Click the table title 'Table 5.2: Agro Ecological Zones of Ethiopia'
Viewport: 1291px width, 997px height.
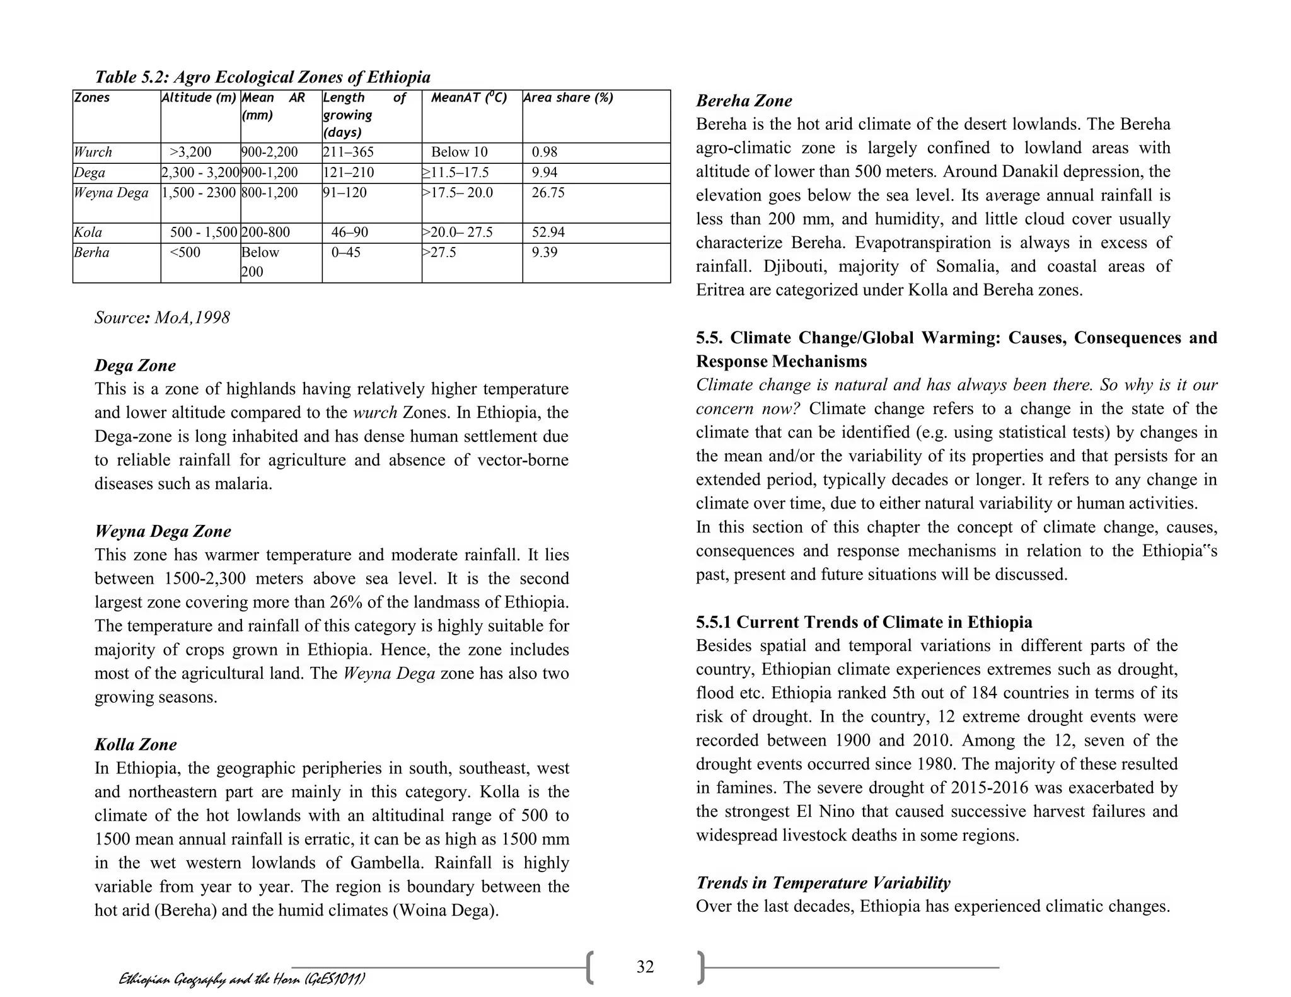click(262, 77)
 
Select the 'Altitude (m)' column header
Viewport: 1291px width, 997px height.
click(199, 98)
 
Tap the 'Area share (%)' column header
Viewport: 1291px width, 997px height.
click(568, 98)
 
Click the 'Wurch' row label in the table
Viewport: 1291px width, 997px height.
click(93, 152)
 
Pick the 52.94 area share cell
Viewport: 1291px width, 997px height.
click(548, 232)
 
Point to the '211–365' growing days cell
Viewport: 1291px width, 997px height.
click(348, 152)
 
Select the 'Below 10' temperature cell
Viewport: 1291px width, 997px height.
click(459, 152)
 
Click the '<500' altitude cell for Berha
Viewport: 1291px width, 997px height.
click(185, 252)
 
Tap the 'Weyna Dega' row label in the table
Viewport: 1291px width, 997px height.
click(111, 192)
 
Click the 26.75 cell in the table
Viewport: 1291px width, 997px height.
click(548, 192)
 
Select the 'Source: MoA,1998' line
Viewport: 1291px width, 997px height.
click(162, 317)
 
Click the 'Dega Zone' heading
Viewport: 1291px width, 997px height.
click(135, 366)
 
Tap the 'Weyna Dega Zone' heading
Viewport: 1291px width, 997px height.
click(163, 531)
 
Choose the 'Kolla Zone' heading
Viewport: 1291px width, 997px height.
click(136, 744)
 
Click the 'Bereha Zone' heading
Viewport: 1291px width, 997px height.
click(744, 101)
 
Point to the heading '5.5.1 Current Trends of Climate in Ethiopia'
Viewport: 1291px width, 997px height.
click(864, 622)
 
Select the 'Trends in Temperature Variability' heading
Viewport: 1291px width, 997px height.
click(823, 882)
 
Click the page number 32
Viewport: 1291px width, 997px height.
click(645, 967)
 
